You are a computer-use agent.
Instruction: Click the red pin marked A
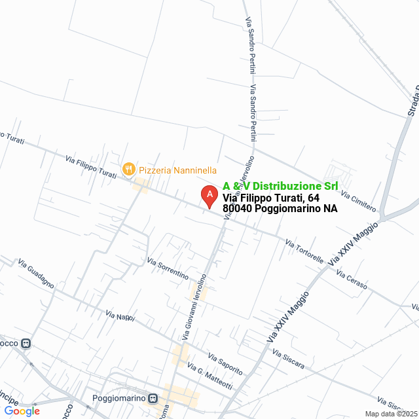click(x=209, y=196)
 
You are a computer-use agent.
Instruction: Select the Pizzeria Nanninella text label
click(x=177, y=170)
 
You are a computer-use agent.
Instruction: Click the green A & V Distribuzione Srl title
click(x=281, y=186)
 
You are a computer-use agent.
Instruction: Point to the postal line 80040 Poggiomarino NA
click(x=280, y=209)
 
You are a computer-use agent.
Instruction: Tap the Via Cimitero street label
click(x=358, y=202)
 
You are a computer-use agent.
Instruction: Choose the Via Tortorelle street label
click(x=304, y=251)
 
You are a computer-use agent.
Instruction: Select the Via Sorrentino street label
click(x=168, y=268)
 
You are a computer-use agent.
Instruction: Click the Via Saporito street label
click(x=225, y=364)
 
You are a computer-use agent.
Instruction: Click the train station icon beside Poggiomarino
click(x=153, y=397)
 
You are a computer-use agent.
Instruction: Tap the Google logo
click(x=22, y=410)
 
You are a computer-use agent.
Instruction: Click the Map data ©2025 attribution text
click(x=390, y=414)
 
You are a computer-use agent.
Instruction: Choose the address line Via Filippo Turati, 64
click(x=271, y=198)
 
